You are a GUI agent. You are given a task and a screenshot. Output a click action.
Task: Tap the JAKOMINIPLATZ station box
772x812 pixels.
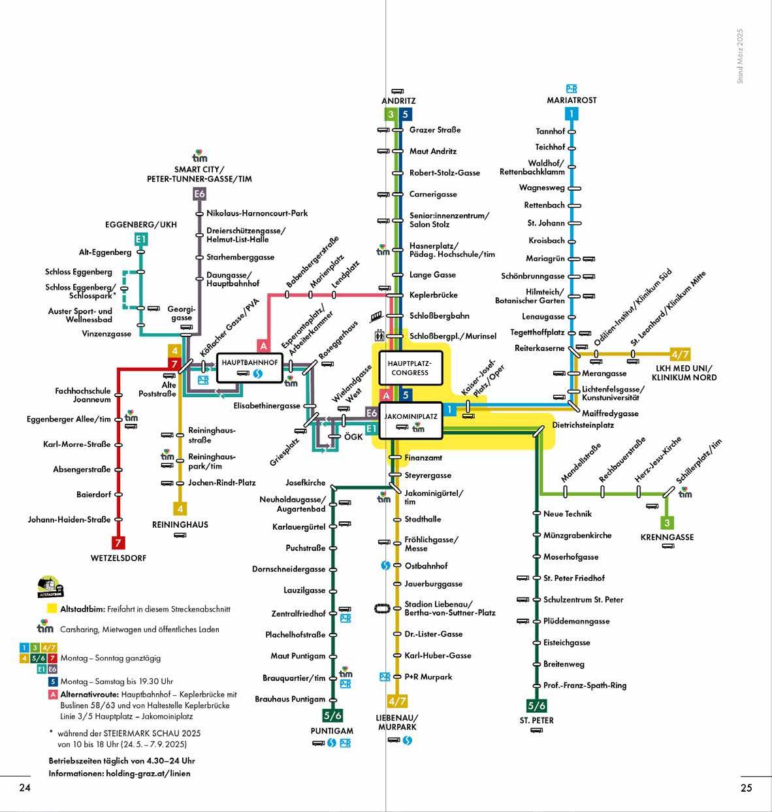click(410, 419)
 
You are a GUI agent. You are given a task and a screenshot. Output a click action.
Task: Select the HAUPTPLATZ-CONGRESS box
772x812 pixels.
click(410, 368)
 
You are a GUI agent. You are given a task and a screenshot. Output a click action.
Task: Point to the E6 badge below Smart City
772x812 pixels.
click(199, 194)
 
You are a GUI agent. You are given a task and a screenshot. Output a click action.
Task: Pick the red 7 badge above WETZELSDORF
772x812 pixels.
click(118, 543)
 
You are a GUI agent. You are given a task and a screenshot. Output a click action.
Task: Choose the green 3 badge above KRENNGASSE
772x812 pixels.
click(666, 523)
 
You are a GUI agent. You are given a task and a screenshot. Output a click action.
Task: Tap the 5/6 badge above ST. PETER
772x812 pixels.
click(536, 706)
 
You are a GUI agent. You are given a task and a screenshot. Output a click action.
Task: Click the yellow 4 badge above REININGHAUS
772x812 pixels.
click(180, 508)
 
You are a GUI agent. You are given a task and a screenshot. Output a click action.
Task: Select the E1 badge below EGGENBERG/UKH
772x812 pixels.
click(140, 240)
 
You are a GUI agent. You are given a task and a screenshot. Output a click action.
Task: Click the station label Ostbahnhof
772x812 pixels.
click(426, 566)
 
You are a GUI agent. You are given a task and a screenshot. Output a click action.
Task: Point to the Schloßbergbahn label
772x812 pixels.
click(439, 316)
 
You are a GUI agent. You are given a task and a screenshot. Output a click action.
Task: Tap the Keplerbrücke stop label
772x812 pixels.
click(433, 295)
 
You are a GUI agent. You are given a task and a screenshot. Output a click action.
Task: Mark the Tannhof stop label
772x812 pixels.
click(550, 131)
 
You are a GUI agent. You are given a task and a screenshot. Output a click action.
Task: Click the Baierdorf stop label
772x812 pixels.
click(93, 495)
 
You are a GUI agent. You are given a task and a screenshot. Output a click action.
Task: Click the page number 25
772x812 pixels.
click(747, 788)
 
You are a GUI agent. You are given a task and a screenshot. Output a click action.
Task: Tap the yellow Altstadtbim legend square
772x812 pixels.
click(51, 609)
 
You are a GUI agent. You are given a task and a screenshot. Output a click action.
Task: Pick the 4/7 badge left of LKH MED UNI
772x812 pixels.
click(680, 355)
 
